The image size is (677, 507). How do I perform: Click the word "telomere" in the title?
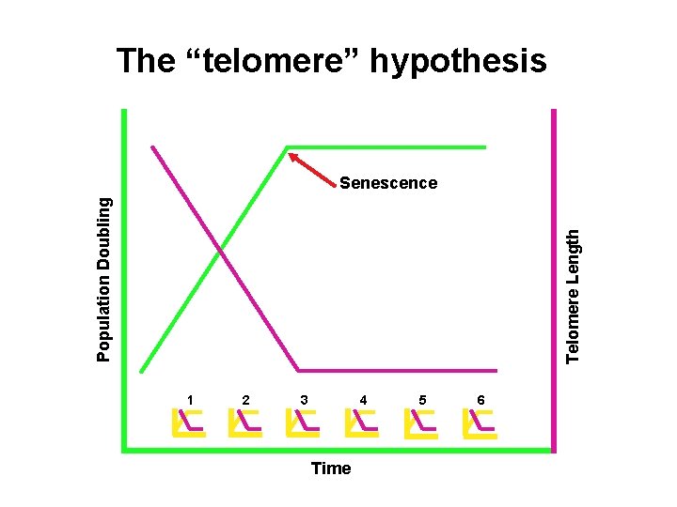click(272, 61)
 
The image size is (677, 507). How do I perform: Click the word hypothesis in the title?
click(459, 63)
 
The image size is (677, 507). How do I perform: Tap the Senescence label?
click(387, 183)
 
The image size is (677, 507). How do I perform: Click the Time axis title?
click(330, 469)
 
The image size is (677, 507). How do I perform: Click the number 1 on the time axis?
click(190, 400)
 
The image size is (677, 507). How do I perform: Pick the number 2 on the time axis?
click(245, 400)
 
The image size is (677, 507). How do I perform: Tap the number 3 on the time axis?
click(304, 400)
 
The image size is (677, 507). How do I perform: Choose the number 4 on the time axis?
click(363, 400)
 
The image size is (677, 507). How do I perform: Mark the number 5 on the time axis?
click(423, 400)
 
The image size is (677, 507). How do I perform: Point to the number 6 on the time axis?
click(480, 400)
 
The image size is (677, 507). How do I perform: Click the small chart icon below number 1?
click(189, 423)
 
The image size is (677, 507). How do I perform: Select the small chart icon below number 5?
click(421, 423)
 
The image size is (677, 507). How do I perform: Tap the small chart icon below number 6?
click(480, 423)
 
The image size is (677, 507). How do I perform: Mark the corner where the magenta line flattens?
click(299, 370)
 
